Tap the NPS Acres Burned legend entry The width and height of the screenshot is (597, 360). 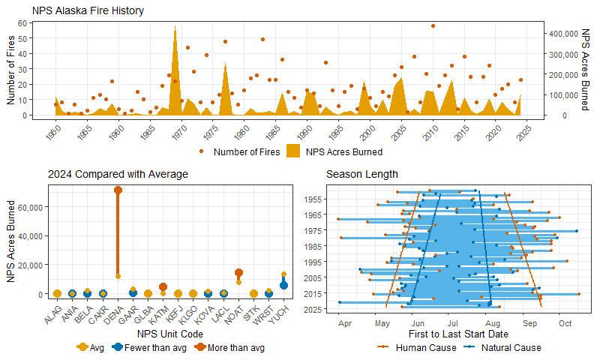coord(334,151)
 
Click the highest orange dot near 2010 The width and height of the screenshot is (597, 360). coord(433,25)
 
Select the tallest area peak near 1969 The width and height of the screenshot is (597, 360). coord(175,27)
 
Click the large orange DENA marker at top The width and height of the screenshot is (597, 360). coord(118,190)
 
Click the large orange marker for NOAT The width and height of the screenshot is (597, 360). coord(238,273)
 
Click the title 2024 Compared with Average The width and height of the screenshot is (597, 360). coord(118,174)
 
